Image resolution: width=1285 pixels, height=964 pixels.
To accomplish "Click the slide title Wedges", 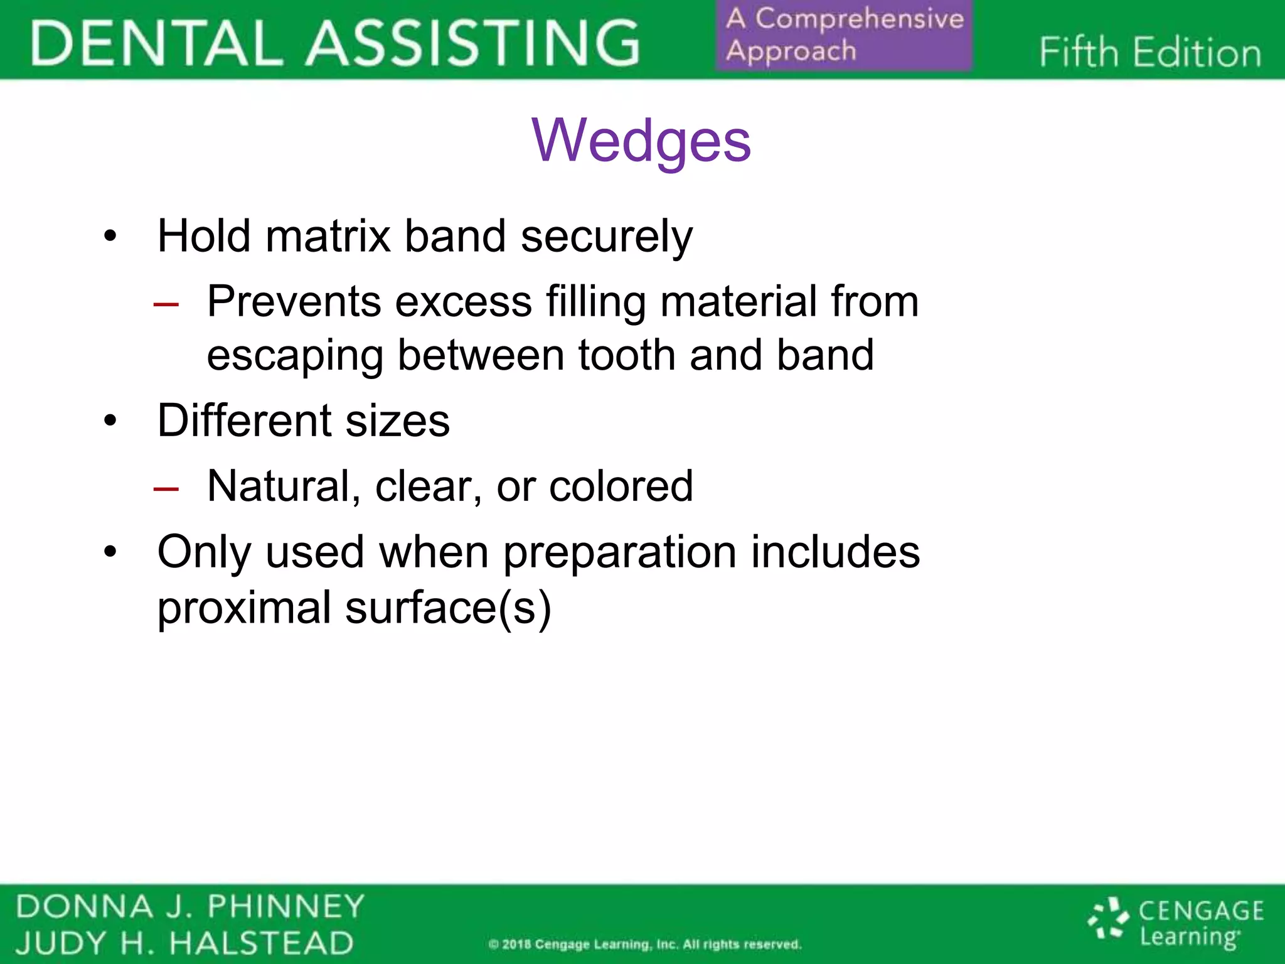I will coord(641,141).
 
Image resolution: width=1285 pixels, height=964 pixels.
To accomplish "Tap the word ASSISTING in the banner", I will coord(473,43).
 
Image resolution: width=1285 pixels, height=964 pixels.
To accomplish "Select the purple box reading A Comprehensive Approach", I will coord(844,35).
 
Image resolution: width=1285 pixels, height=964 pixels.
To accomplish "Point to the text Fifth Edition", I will coord(1149,52).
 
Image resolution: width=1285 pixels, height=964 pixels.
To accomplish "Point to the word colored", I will coord(621,486).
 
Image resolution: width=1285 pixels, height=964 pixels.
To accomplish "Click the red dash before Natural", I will coord(166,489).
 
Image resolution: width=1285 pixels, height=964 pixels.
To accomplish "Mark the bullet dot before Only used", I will coord(110,552).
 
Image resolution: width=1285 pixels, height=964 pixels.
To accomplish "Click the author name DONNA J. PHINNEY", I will coord(189,907).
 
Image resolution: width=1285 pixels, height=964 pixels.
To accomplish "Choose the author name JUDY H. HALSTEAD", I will coord(184,943).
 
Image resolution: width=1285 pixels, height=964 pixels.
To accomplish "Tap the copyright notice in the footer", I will coord(644,945).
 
